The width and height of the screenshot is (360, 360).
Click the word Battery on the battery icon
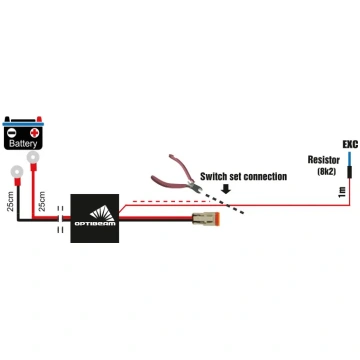click(23, 144)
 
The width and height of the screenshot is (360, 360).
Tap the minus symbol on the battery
click(12, 133)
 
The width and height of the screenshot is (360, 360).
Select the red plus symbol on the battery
click(34, 133)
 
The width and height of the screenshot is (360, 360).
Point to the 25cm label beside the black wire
click(10, 202)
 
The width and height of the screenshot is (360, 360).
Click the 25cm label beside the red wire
click(42, 202)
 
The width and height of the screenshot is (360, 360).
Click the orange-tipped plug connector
click(206, 218)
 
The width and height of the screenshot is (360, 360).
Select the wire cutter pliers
click(176, 175)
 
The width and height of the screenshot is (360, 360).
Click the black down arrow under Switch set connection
click(226, 189)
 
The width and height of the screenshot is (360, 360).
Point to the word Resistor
click(324, 160)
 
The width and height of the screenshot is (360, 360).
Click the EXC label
click(350, 144)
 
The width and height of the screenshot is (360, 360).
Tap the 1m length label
click(343, 192)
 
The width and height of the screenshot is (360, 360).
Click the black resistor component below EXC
click(349, 172)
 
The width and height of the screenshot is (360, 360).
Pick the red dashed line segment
click(171, 201)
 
